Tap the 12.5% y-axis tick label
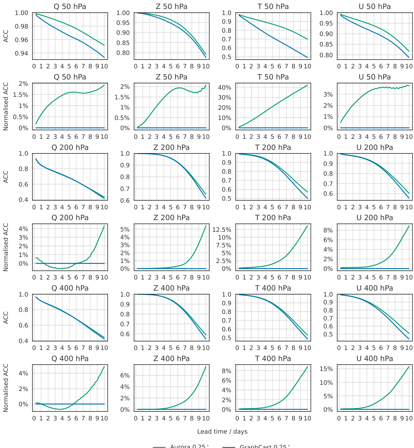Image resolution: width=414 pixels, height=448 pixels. coord(222,230)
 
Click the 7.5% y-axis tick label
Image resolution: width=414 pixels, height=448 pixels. coord(223,245)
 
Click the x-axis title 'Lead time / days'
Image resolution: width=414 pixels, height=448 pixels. coord(222,432)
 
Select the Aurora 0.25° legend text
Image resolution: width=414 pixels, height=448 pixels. coord(189,446)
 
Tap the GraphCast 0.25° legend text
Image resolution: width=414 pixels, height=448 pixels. coord(265,446)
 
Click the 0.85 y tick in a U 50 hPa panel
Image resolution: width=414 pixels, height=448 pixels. coord(326,44)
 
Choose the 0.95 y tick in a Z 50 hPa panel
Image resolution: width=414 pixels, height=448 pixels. coord(123,23)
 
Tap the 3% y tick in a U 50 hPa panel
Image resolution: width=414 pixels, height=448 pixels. coord(329,94)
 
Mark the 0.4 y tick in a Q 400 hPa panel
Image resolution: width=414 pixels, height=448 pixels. coord(24,341)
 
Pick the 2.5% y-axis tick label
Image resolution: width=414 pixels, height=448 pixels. coord(223,261)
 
